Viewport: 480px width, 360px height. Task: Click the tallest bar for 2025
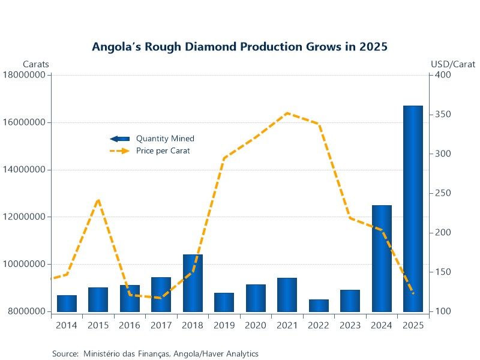413,209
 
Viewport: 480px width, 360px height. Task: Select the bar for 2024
382,259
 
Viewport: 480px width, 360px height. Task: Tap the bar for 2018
193,283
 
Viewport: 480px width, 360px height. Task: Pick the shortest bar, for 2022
319,305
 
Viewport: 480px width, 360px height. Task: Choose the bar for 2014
67,304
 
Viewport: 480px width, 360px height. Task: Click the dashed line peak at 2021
288,113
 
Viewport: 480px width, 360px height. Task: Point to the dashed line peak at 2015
98,200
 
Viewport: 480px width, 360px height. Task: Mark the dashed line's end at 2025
413,293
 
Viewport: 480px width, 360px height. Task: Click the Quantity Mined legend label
166,139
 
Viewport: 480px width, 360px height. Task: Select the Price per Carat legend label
163,151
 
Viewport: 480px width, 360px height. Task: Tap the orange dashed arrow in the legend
119,151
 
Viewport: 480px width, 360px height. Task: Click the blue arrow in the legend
119,139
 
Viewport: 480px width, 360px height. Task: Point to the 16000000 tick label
24,122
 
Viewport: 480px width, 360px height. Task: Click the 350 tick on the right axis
443,114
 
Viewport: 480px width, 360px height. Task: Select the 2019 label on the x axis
224,325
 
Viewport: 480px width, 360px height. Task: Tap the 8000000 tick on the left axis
26,311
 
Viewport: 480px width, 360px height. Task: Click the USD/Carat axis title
453,64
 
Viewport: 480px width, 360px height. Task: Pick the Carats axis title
36,64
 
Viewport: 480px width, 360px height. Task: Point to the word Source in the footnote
65,354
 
